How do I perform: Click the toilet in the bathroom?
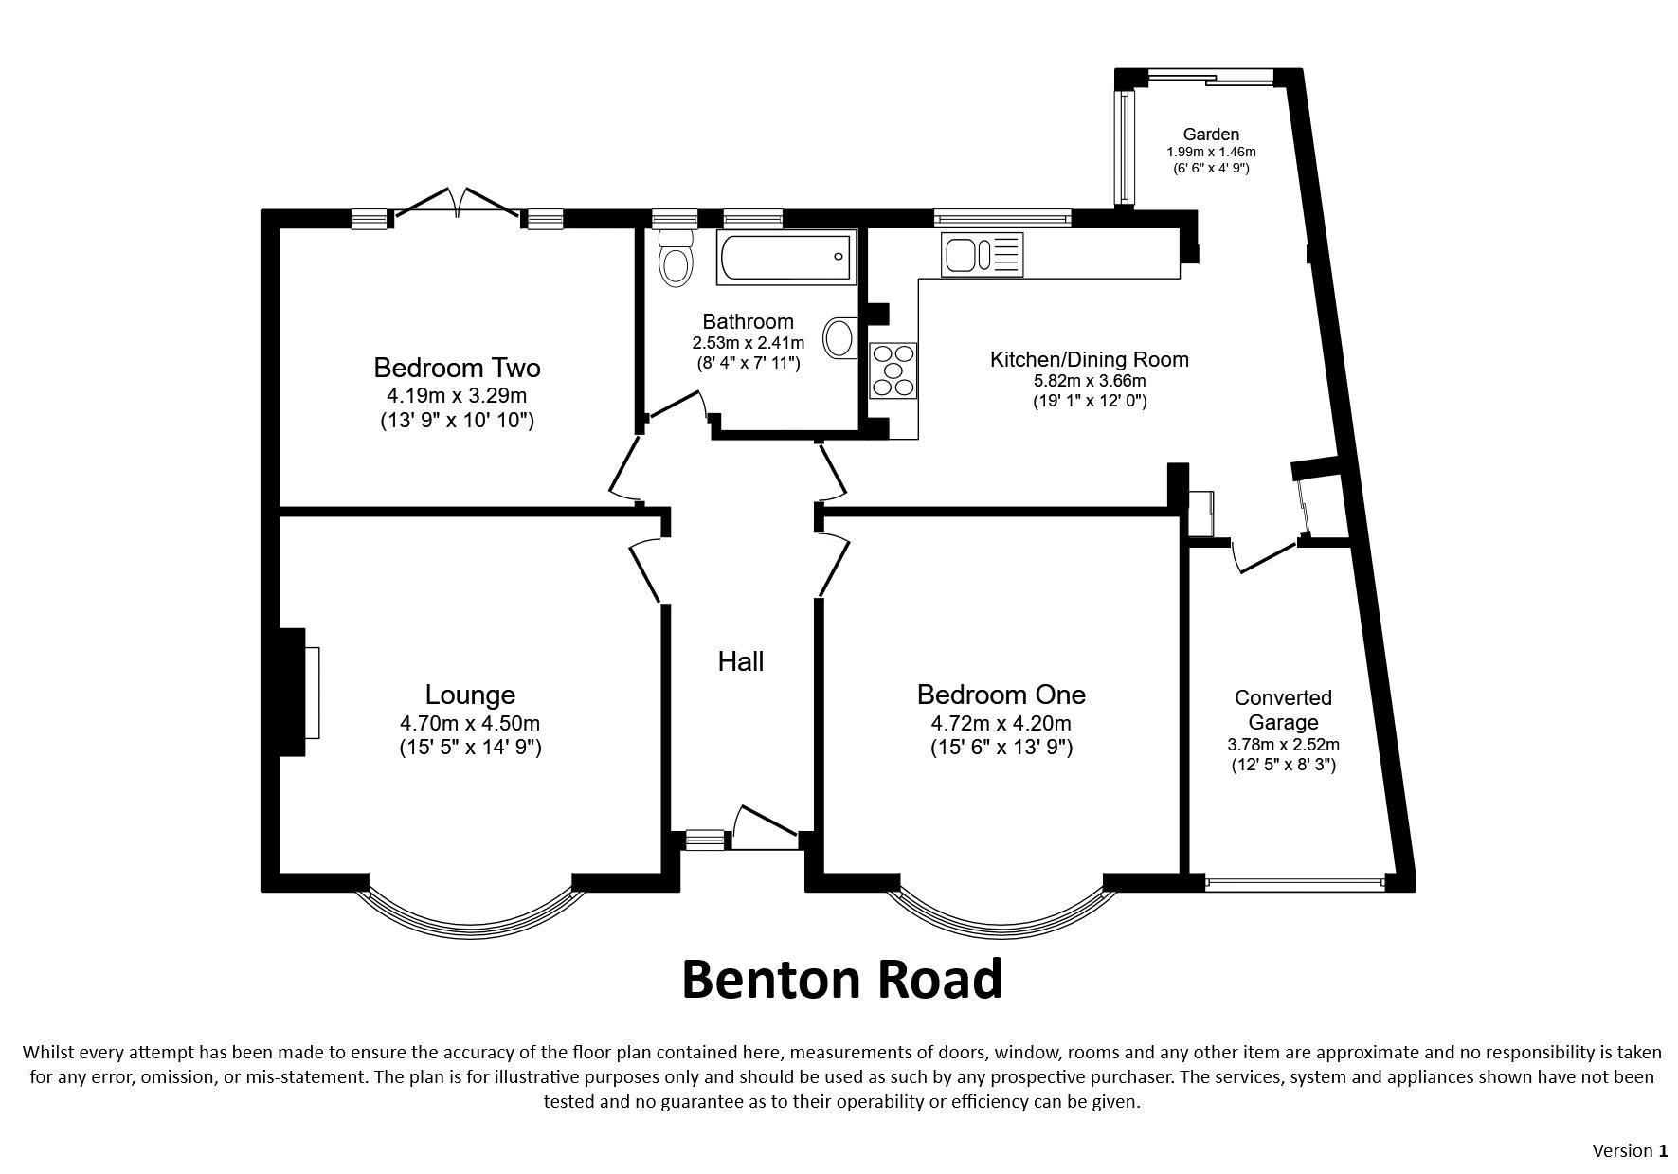click(676, 257)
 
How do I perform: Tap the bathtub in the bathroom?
click(785, 257)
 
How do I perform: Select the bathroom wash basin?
click(840, 337)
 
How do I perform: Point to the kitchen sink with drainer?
click(983, 254)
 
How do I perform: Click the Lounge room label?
click(470, 695)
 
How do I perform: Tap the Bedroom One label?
click(1001, 695)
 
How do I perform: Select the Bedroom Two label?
click(458, 368)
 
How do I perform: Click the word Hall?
click(741, 661)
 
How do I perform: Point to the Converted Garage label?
click(1283, 710)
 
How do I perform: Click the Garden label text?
click(1211, 135)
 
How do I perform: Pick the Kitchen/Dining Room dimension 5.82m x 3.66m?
click(1090, 381)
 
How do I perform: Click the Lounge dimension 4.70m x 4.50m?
click(470, 724)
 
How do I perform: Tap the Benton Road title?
click(841, 979)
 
